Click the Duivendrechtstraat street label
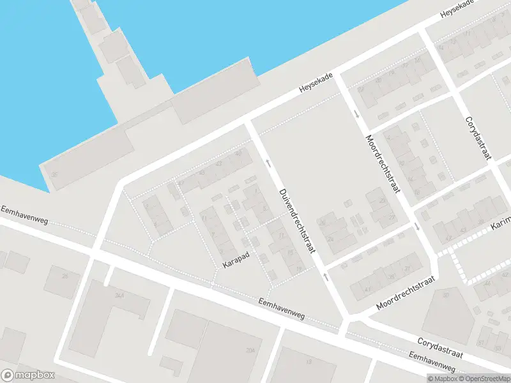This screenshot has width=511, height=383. pos(297,222)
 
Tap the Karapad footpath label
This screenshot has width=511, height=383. pos(236,257)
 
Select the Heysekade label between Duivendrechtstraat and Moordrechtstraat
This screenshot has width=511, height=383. pos(317,88)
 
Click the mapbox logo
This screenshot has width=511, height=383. pos(28,375)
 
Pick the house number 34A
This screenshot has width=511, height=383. pos(119,295)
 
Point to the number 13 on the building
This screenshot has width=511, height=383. pos(310,361)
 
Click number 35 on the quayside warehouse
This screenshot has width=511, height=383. pos(55,174)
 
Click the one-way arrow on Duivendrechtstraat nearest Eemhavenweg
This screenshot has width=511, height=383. pos(326,276)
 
